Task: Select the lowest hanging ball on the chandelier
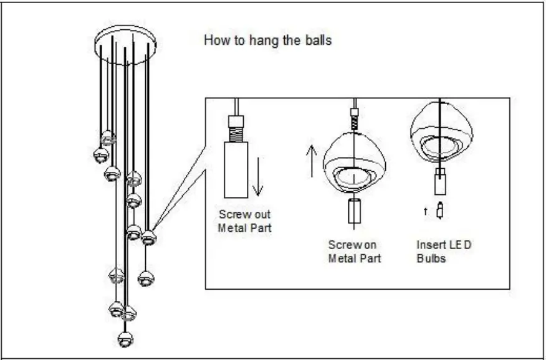pos(125,338)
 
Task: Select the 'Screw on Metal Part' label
pos(354,252)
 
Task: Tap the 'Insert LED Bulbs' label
pos(444,252)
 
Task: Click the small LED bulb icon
pos(440,211)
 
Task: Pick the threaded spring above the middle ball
pos(354,120)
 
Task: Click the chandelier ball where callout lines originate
pos(148,237)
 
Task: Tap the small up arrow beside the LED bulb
pos(426,212)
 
